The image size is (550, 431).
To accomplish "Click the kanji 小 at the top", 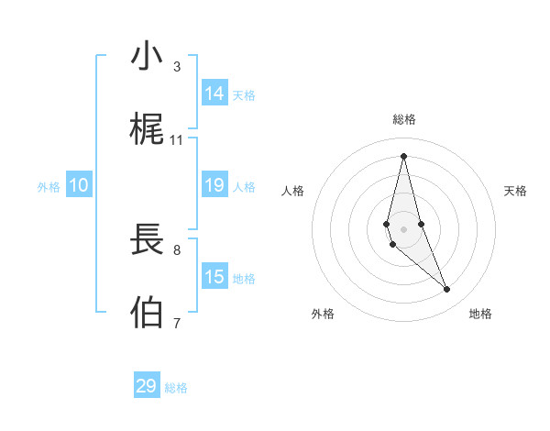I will pos(147,56).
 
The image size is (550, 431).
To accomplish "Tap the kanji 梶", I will pos(147,130).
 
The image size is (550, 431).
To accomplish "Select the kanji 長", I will pos(147,240).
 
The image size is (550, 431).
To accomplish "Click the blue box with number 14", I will pos(214,94).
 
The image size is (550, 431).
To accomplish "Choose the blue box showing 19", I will pos(214,185).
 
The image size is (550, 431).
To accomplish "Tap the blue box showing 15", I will pos(214,277).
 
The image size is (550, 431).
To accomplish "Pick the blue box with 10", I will pos(79,185).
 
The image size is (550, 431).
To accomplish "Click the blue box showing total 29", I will pos(147,386).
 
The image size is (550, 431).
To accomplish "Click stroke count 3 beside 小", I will pos(177,67).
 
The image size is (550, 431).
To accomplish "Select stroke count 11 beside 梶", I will pos(177,140).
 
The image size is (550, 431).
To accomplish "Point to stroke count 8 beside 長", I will pos(177,249).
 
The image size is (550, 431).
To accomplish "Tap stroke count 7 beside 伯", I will pos(177,323).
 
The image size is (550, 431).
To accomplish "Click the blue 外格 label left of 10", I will pos(49,187).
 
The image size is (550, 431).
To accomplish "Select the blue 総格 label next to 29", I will pos(176,388).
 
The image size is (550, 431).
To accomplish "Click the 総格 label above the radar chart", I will pos(403,119).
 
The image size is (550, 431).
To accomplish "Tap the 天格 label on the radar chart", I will pos(516,191).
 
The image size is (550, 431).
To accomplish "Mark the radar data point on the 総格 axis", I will pos(403,155).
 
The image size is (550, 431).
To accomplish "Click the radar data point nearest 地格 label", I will pos(447,290).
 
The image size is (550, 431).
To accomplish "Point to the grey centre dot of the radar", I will pos(403,228).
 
